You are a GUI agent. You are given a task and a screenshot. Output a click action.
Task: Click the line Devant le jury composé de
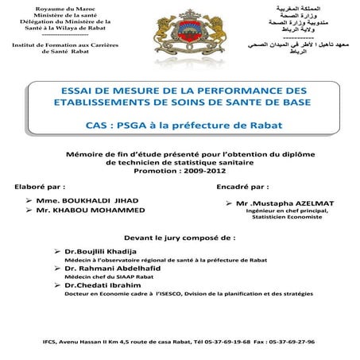click(180, 237)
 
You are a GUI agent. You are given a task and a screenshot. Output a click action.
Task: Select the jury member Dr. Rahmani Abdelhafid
click(113, 269)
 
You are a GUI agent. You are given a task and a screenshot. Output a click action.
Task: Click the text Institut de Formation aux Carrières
click(60, 45)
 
